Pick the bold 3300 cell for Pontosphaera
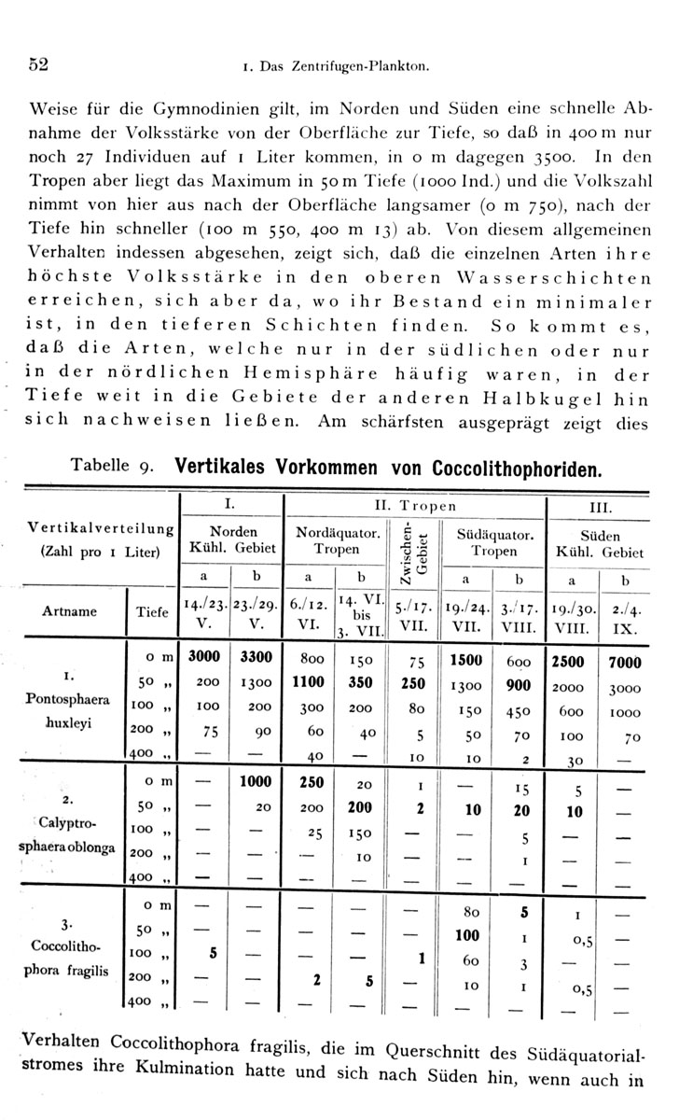coord(256,657)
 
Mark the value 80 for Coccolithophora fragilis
coord(470,911)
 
